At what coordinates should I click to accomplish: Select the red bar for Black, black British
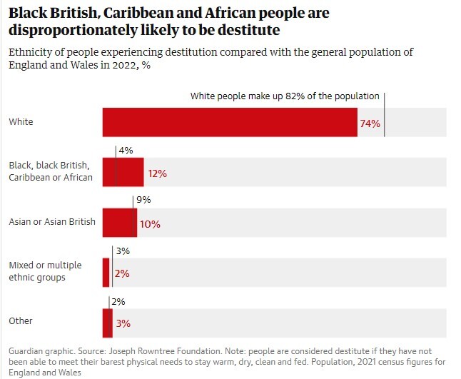[123, 172]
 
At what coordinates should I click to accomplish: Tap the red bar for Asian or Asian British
[119, 222]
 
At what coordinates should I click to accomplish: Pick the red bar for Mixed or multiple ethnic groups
[106, 272]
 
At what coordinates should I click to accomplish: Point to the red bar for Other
[107, 322]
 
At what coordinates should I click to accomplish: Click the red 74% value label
[370, 123]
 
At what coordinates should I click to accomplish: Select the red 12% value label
[157, 173]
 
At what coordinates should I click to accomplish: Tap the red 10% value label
[150, 223]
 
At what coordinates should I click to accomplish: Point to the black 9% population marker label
[143, 201]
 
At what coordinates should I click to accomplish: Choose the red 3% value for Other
[123, 323]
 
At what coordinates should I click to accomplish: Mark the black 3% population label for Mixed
[123, 251]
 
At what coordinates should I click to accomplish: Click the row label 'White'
[21, 122]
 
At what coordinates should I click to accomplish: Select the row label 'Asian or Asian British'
[52, 222]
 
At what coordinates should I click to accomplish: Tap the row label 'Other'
[21, 321]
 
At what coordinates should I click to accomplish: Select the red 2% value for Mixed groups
[121, 273]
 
